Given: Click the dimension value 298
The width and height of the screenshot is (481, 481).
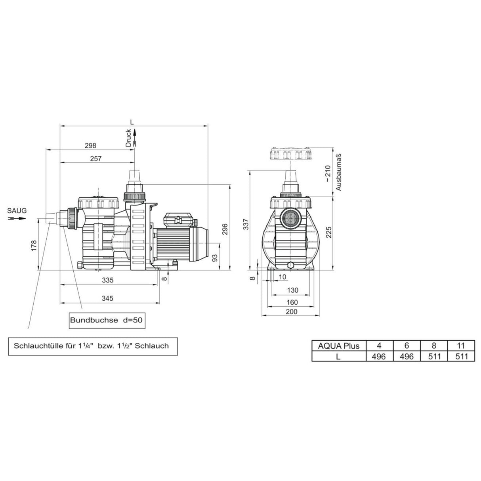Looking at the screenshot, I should [90, 145].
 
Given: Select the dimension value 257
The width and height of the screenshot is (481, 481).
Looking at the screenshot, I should [95, 158].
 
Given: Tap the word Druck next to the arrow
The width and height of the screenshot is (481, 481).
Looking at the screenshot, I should [128, 138].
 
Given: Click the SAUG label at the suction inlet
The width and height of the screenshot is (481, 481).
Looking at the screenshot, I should [17, 211].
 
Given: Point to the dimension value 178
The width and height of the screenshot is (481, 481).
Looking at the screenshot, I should [34, 245].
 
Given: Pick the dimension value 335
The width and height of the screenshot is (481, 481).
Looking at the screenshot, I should [107, 280].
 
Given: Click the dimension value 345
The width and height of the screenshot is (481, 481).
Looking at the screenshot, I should [107, 298].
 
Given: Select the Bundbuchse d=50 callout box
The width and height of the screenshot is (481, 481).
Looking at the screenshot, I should [105, 320].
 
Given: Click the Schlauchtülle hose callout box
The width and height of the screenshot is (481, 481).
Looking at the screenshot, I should [92, 346].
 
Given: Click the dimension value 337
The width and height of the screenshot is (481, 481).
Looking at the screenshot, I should [246, 224].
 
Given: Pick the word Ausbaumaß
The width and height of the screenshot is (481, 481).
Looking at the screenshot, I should [339, 172].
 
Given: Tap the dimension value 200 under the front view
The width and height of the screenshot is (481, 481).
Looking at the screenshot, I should [291, 311].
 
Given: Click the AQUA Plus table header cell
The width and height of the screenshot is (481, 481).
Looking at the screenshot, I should [338, 345].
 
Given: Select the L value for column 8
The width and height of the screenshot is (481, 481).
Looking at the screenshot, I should [434, 356].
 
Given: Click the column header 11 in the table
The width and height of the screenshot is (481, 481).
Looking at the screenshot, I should [461, 345].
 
